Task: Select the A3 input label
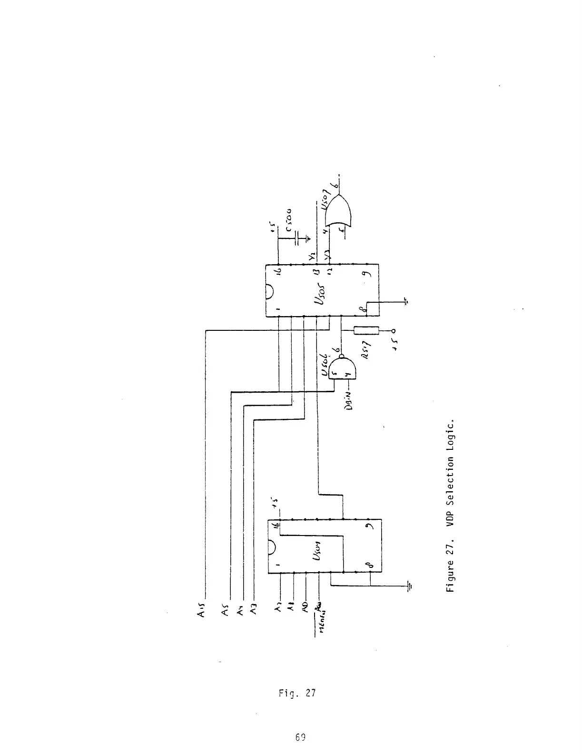point(254,610)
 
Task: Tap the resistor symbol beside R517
point(366,330)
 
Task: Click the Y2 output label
point(311,257)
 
